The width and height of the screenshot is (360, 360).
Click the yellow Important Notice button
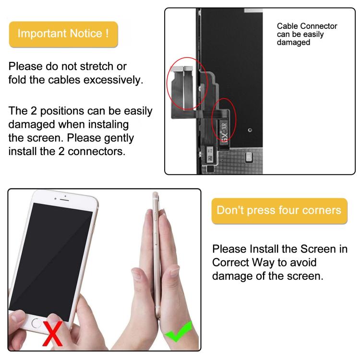pyautogui.click(x=63, y=34)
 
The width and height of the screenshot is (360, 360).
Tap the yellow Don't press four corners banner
pyautogui.click(x=279, y=210)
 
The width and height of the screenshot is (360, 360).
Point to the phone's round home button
pyautogui.click(x=36, y=323)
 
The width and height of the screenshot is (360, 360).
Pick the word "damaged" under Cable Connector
pyautogui.click(x=293, y=42)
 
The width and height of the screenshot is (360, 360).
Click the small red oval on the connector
pyautogui.click(x=224, y=122)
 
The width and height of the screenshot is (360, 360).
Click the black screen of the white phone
pyautogui.click(x=53, y=254)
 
